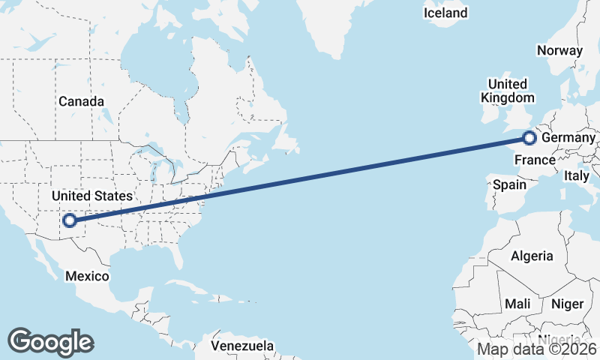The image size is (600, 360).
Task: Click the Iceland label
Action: (x=445, y=13)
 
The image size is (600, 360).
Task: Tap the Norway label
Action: (x=559, y=51)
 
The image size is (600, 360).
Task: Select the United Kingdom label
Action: (x=508, y=91)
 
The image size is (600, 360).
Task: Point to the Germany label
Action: (x=568, y=139)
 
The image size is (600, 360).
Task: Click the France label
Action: (x=535, y=160)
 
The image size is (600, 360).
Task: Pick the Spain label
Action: (x=509, y=184)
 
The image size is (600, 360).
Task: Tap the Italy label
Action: (x=577, y=175)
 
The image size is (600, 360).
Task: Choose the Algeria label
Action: (x=532, y=256)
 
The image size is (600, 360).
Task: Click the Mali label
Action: (x=517, y=304)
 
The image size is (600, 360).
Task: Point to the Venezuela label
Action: (x=241, y=346)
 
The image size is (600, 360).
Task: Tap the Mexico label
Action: (x=86, y=276)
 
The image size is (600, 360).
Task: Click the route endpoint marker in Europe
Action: (x=529, y=138)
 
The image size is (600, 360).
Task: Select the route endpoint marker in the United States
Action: (x=69, y=220)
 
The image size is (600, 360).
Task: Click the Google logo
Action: (x=50, y=341)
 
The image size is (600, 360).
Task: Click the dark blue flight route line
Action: (x=300, y=179)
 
